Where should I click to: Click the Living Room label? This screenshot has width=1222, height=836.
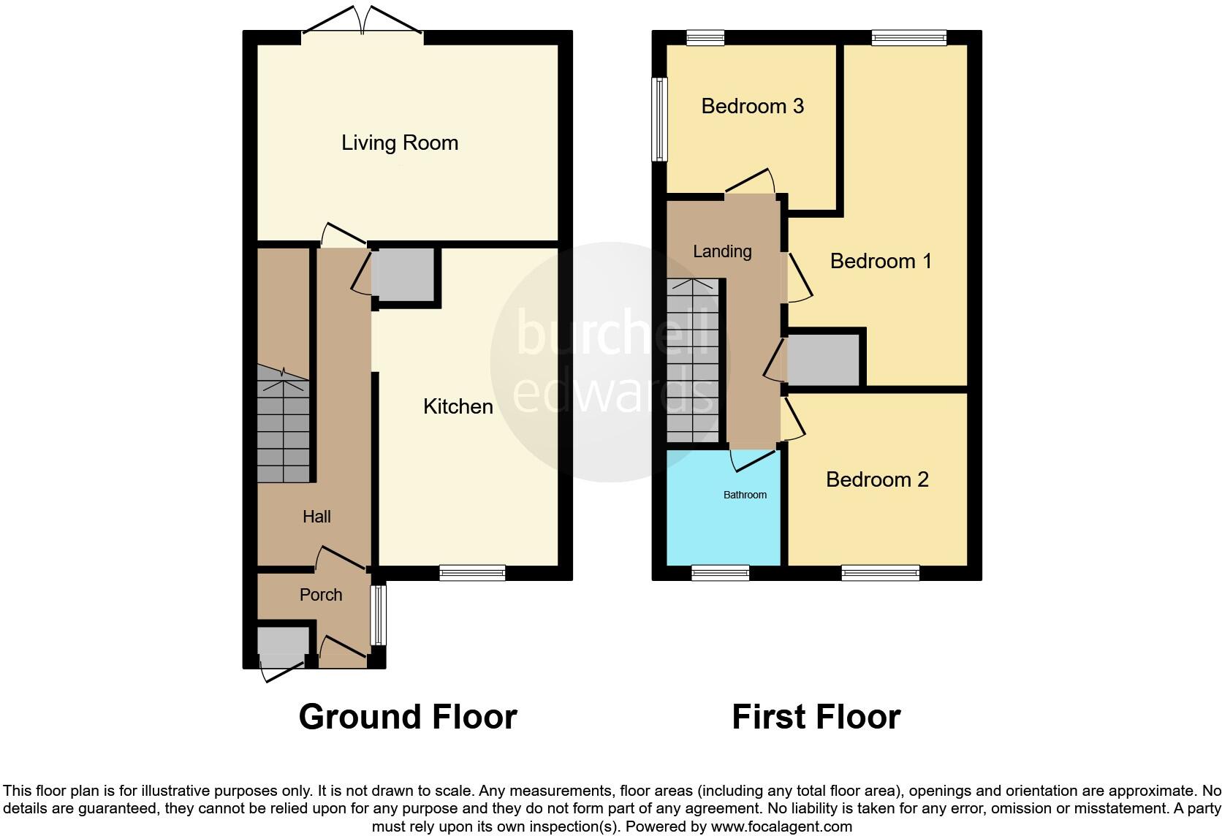click(x=400, y=142)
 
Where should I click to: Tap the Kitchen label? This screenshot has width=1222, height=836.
click(x=458, y=406)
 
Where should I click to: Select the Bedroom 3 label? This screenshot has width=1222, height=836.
click(x=752, y=106)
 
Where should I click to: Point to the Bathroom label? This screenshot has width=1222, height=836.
click(x=745, y=495)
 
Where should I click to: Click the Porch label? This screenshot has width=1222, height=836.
click(x=321, y=595)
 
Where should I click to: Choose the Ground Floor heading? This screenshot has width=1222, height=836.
click(x=408, y=717)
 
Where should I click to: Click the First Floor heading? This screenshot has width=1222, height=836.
click(x=816, y=717)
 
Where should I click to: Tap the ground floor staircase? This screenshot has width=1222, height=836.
click(x=284, y=431)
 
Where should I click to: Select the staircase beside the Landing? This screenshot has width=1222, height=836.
click(x=693, y=362)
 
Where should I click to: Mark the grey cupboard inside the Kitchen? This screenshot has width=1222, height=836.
click(x=403, y=274)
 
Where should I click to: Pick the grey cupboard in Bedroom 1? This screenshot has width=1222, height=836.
click(x=823, y=360)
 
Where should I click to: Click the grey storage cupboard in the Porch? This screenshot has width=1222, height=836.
click(x=283, y=645)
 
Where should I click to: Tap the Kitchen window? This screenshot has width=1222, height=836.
click(x=472, y=574)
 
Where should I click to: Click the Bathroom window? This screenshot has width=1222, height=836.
click(x=720, y=574)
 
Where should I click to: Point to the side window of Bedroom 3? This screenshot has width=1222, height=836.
click(x=660, y=119)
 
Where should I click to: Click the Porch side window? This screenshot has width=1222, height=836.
click(x=378, y=615)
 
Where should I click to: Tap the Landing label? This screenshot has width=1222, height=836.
click(x=722, y=251)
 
